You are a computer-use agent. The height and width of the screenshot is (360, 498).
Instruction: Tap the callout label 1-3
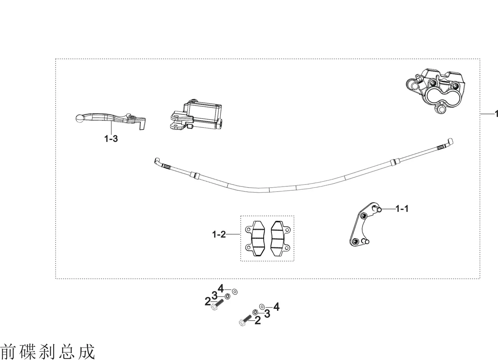[111, 139]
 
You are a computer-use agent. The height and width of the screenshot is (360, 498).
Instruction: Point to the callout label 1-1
[402, 209]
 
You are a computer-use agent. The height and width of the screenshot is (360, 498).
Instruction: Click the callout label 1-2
[219, 234]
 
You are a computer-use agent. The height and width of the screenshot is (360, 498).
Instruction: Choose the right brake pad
[280, 238]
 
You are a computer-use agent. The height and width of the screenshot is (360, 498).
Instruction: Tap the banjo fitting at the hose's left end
[161, 163]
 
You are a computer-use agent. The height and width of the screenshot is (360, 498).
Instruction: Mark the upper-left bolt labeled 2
[217, 305]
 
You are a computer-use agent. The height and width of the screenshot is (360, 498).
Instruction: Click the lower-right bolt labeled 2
[245, 320]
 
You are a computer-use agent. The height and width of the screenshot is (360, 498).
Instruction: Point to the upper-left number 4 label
[220, 288]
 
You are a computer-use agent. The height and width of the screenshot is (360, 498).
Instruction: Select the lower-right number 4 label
[276, 307]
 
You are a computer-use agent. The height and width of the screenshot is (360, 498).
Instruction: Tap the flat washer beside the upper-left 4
[234, 291]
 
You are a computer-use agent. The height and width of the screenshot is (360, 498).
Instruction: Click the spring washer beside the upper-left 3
[227, 296]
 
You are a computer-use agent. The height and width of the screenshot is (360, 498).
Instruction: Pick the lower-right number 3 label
[267, 314]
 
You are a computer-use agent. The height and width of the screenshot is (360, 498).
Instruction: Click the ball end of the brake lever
[80, 118]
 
